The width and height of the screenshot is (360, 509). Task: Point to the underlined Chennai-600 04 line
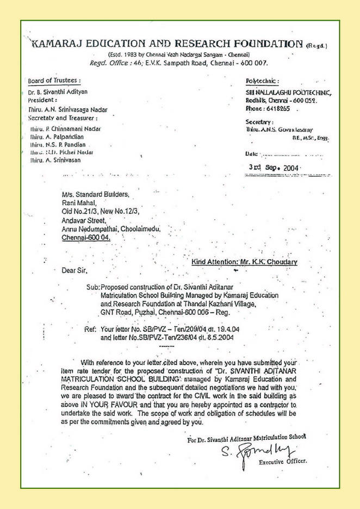(x=88, y=238)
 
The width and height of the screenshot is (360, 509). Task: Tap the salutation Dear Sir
(x=75, y=269)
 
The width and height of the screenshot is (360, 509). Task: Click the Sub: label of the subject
(x=93, y=287)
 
